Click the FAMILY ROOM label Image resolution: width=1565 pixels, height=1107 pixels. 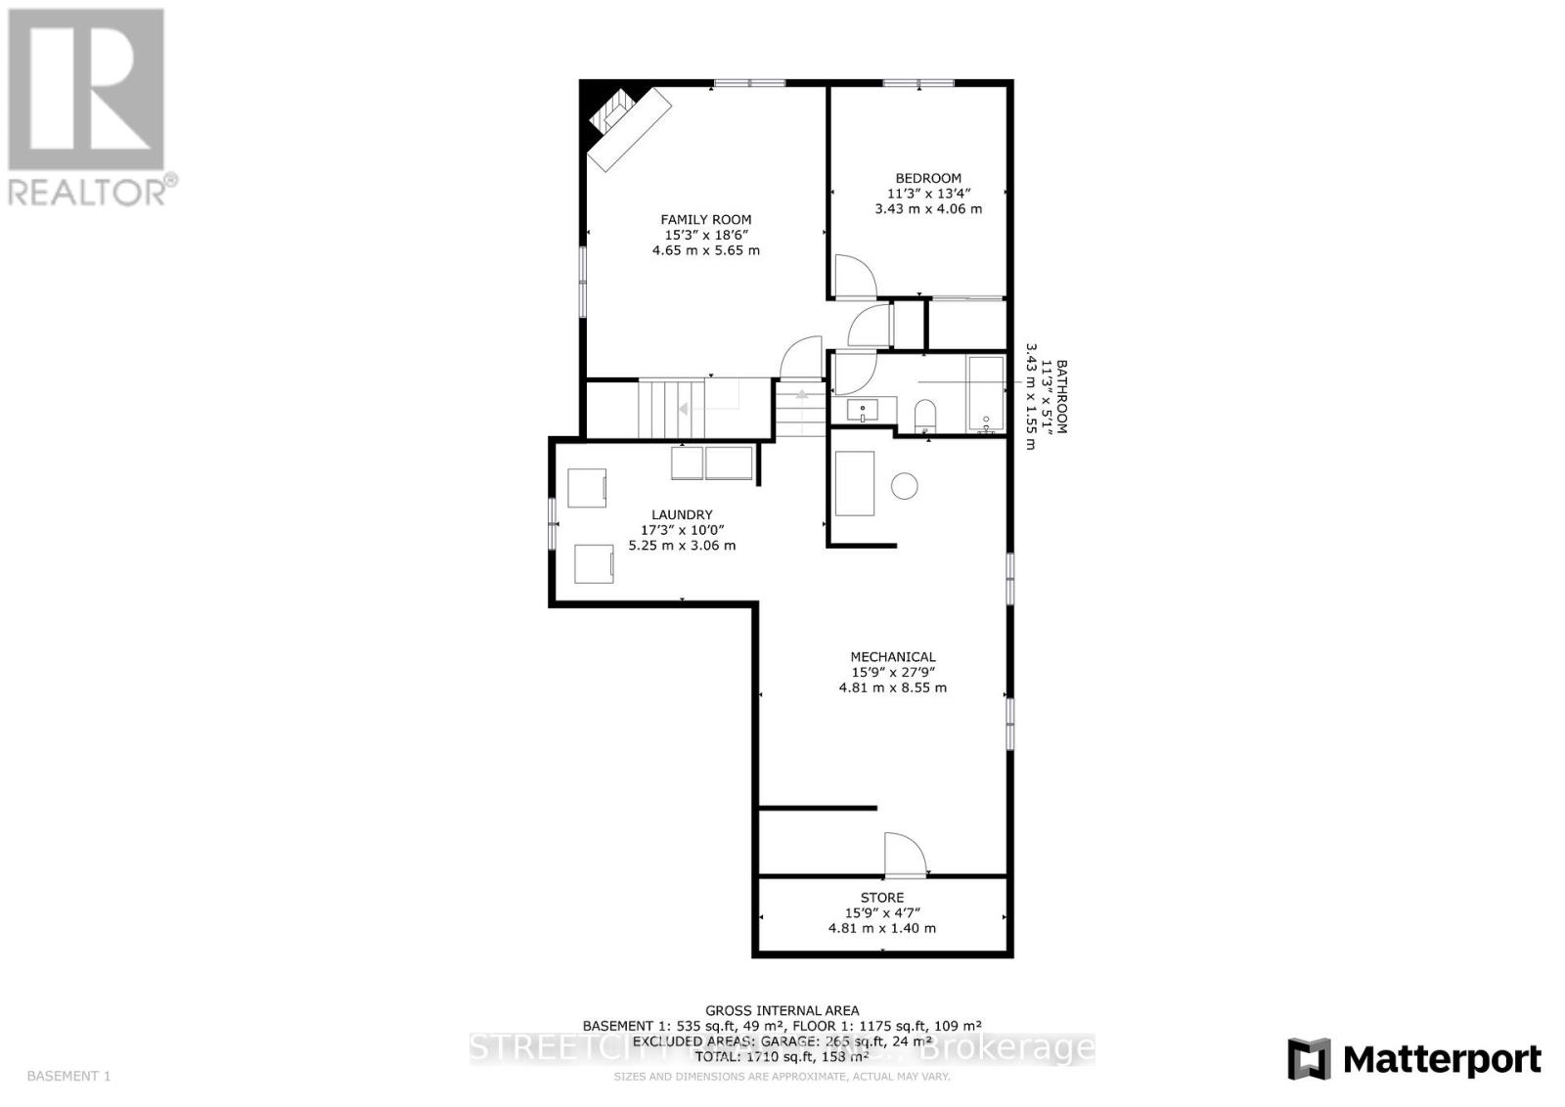(705, 220)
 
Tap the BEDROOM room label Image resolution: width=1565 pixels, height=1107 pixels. (928, 178)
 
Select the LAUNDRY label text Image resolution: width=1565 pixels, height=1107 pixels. (682, 514)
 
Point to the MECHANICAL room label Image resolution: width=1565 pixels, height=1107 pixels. (892, 657)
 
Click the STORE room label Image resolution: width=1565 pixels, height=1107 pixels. (881, 898)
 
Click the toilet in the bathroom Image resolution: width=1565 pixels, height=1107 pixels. (925, 416)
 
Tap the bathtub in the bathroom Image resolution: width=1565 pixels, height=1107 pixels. (985, 393)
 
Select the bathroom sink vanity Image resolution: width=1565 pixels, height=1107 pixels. (864, 411)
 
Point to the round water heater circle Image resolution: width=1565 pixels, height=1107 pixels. (905, 486)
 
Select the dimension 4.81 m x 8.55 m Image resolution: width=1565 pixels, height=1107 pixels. (892, 687)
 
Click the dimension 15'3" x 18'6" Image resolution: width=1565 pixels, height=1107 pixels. (705, 236)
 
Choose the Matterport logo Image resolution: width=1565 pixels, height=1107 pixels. (1413, 1059)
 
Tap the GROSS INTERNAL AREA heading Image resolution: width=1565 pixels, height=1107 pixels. (782, 1010)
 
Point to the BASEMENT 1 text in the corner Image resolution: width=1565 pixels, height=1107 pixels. (68, 1076)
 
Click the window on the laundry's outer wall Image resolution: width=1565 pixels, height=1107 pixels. (553, 523)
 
